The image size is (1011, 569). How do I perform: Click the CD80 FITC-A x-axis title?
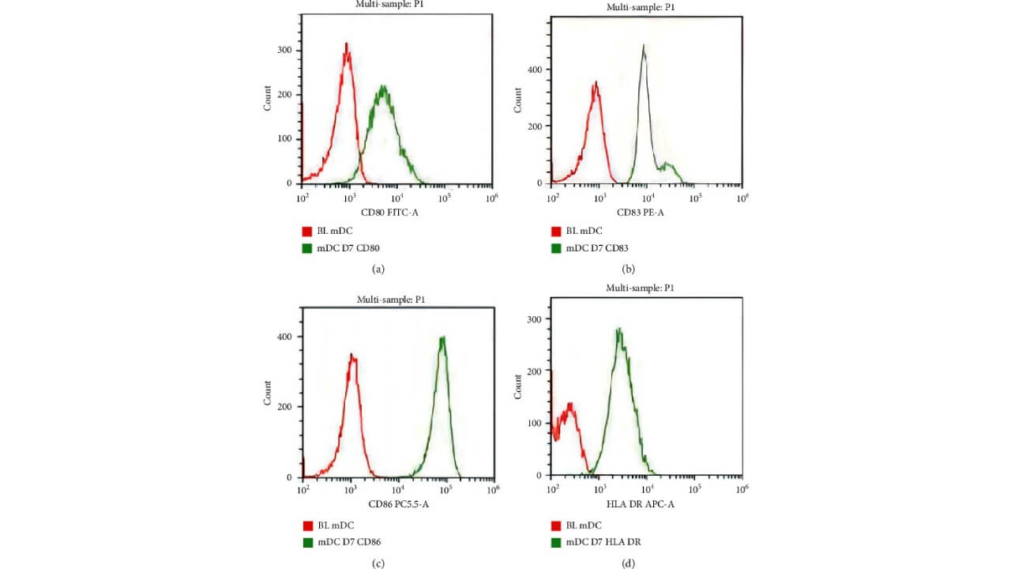[x=389, y=213]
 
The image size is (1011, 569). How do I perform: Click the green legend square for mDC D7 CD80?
[x=306, y=248]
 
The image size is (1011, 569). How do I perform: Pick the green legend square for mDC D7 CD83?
[x=556, y=248]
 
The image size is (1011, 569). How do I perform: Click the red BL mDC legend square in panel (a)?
[x=306, y=232]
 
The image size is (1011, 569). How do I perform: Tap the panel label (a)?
[x=378, y=269]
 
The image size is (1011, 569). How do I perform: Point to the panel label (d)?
[x=628, y=563]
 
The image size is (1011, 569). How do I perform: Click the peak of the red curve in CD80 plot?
[x=346, y=45]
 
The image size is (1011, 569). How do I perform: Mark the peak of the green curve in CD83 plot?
[x=644, y=47]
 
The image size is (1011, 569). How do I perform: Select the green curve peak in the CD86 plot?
[x=443, y=338]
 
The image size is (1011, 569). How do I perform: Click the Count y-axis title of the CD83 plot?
[x=518, y=99]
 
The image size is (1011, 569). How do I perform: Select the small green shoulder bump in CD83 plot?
[x=669, y=165]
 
